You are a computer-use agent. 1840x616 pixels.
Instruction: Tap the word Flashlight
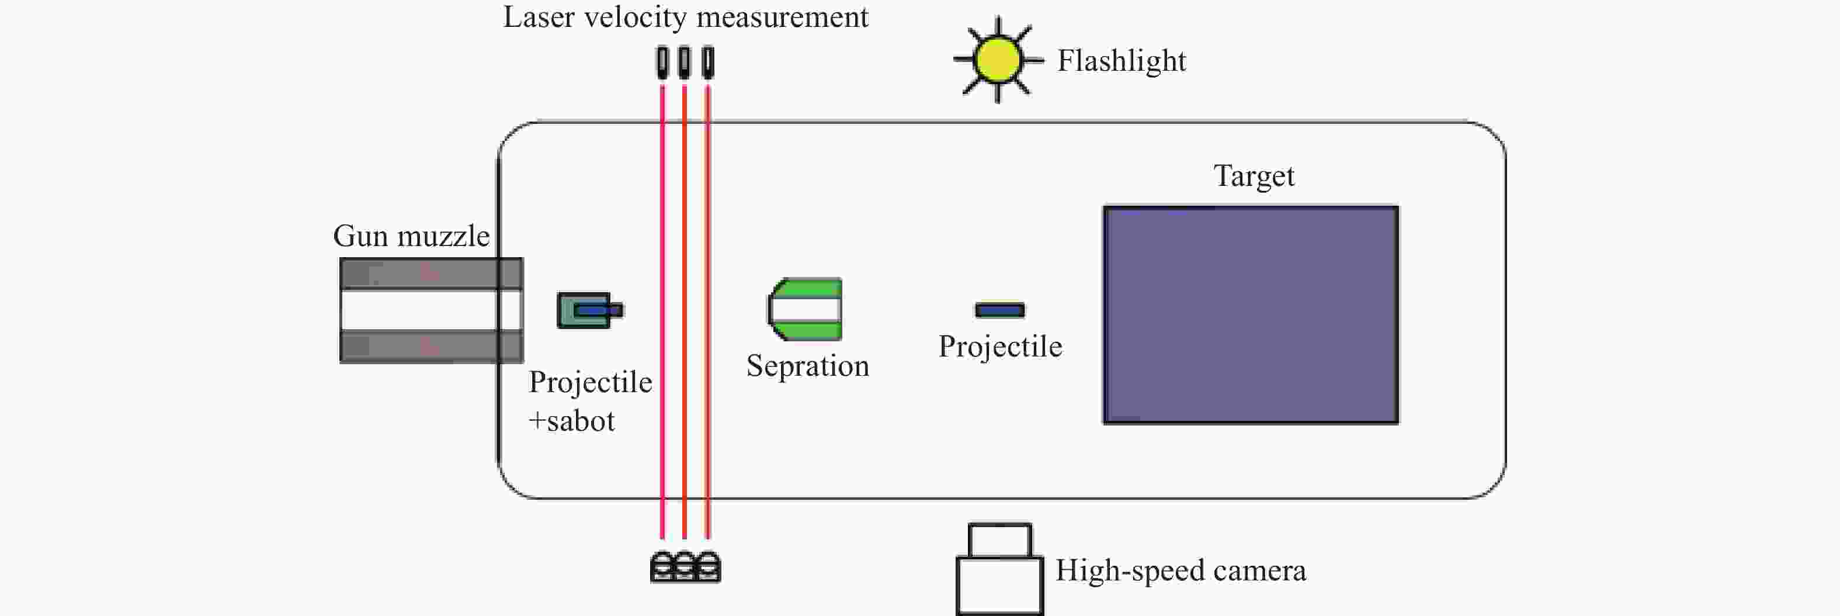[1122, 61]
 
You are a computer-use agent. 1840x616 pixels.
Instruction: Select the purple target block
[1251, 315]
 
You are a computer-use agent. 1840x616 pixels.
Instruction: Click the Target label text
[1254, 177]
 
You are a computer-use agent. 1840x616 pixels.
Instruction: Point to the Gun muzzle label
[411, 236]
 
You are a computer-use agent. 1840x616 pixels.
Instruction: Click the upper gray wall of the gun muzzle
[432, 274]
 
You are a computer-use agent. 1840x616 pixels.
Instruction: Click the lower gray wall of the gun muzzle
[432, 347]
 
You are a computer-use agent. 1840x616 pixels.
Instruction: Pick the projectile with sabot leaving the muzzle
[590, 310]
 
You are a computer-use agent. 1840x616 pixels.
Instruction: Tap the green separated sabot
[805, 309]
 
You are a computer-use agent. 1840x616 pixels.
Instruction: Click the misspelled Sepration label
[808, 366]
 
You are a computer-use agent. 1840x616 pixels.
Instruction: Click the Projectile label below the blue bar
[1000, 347]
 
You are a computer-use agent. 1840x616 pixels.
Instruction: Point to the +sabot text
[571, 421]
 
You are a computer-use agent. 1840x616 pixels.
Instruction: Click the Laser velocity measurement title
[686, 17]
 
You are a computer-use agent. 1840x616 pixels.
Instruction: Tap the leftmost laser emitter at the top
[663, 62]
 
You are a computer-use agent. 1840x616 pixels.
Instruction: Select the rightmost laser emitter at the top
[708, 62]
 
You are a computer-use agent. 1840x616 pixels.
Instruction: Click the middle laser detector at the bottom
[685, 567]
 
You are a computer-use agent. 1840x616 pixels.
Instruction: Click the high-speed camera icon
[1000, 569]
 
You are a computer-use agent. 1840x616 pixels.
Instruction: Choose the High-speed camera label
[1181, 571]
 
